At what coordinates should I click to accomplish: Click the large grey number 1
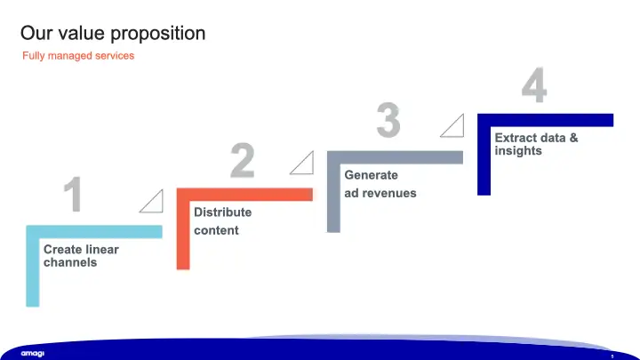click(74, 194)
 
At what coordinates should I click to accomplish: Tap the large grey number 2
click(243, 160)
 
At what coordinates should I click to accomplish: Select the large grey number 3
click(388, 120)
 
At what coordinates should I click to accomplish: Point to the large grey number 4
click(534, 85)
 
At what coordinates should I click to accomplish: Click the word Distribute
click(222, 212)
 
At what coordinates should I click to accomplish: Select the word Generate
click(371, 175)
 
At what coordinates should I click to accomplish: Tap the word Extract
click(516, 138)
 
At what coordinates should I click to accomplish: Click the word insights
click(518, 150)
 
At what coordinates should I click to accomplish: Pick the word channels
click(70, 262)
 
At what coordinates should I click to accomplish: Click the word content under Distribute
click(216, 230)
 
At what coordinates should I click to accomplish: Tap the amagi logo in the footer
click(33, 354)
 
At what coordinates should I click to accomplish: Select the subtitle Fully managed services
click(78, 55)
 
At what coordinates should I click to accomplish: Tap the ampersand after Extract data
click(573, 138)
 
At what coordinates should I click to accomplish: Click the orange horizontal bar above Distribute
click(245, 195)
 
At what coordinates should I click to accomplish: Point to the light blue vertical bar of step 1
click(33, 272)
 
